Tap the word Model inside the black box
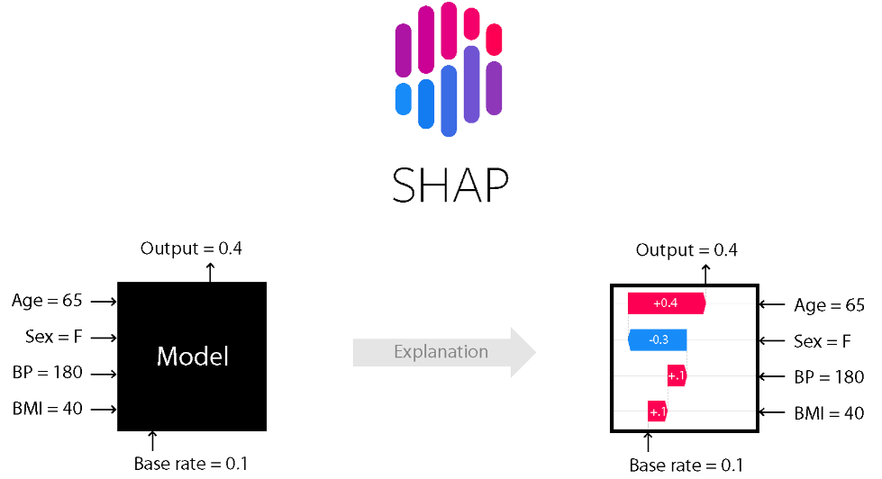(193, 356)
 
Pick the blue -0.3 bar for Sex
(658, 340)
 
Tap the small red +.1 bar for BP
(677, 376)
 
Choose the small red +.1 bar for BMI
(657, 412)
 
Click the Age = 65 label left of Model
(48, 302)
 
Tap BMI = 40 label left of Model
(49, 409)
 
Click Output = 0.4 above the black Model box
(191, 249)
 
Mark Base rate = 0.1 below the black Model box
(190, 464)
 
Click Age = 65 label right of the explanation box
(829, 305)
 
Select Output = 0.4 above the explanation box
(687, 249)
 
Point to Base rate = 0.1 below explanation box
(686, 465)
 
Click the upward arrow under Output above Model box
(211, 272)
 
